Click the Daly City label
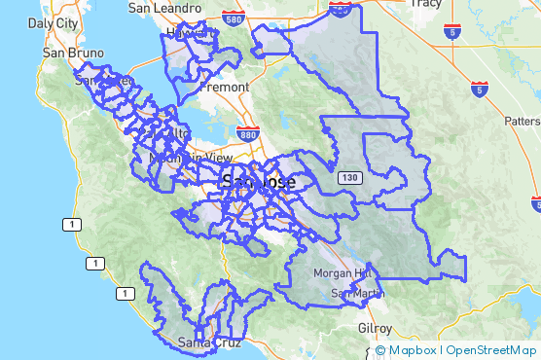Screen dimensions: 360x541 pyautogui.click(x=54, y=21)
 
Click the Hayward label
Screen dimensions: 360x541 pyautogui.click(x=188, y=33)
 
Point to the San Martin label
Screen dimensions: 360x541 pyautogui.click(x=351, y=293)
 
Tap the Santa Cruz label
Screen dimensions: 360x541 pyautogui.click(x=206, y=342)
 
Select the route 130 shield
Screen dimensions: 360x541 pyautogui.click(x=350, y=178)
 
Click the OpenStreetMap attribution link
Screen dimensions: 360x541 pyautogui.click(x=489, y=350)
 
